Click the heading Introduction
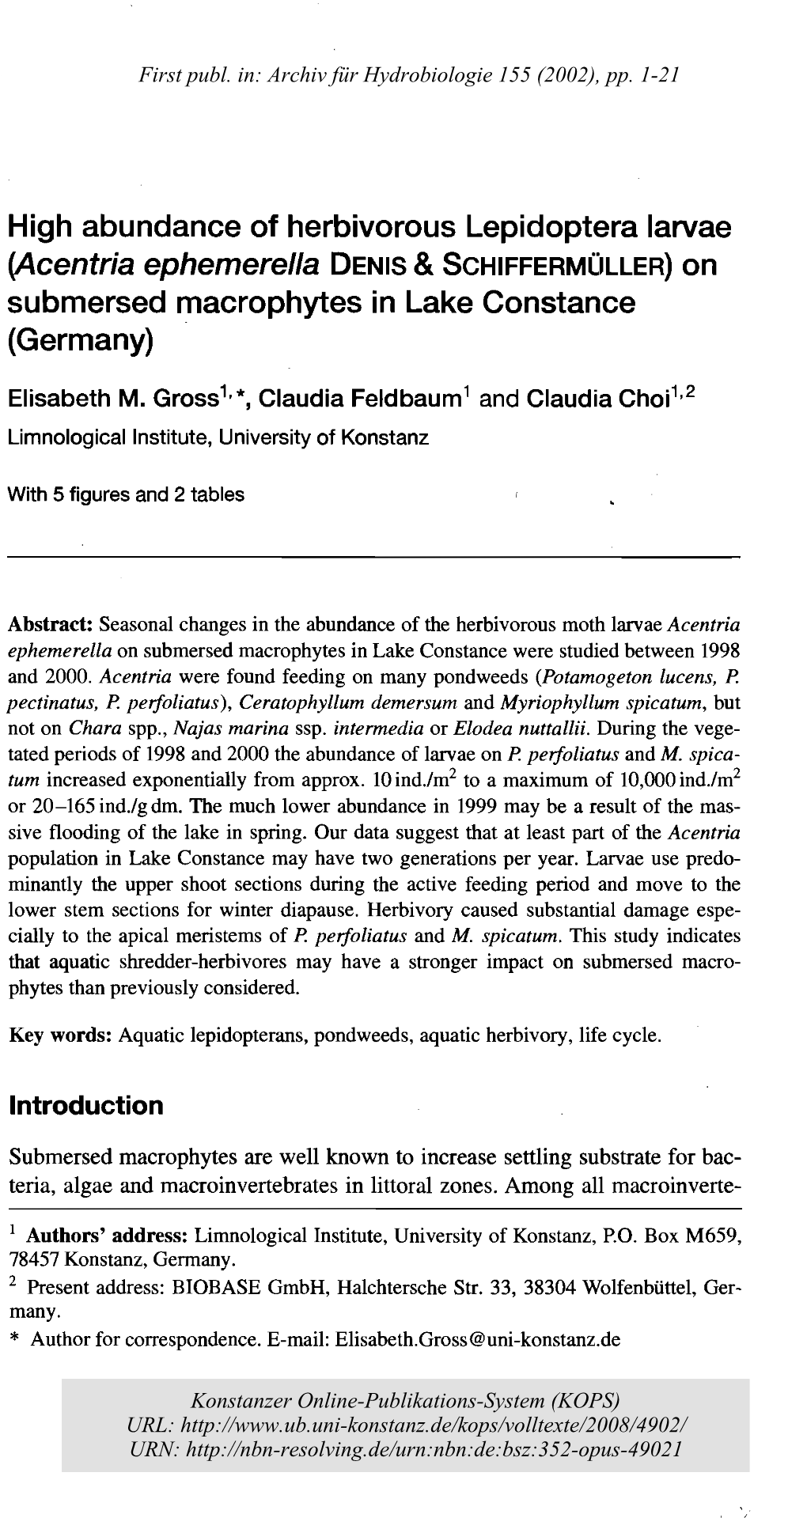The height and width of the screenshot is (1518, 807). [x=85, y=1105]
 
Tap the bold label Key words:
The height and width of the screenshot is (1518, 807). [x=59, y=1035]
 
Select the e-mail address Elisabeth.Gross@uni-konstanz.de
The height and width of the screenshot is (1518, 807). [x=478, y=1339]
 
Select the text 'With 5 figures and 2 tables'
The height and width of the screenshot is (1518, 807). [x=126, y=494]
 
